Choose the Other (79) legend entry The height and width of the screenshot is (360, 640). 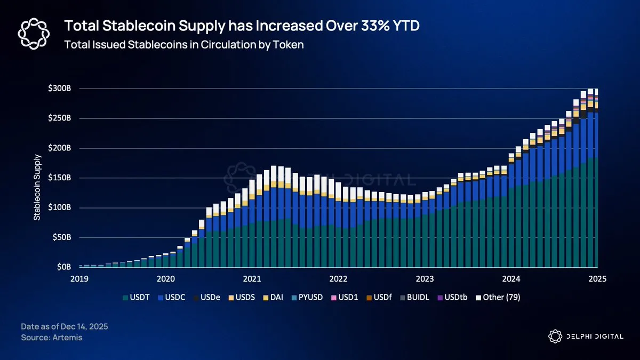coord(501,297)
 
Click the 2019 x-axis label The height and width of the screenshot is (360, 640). coord(79,278)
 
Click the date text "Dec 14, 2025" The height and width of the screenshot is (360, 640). coord(83,326)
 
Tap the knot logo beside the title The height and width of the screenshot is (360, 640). coord(34,33)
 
